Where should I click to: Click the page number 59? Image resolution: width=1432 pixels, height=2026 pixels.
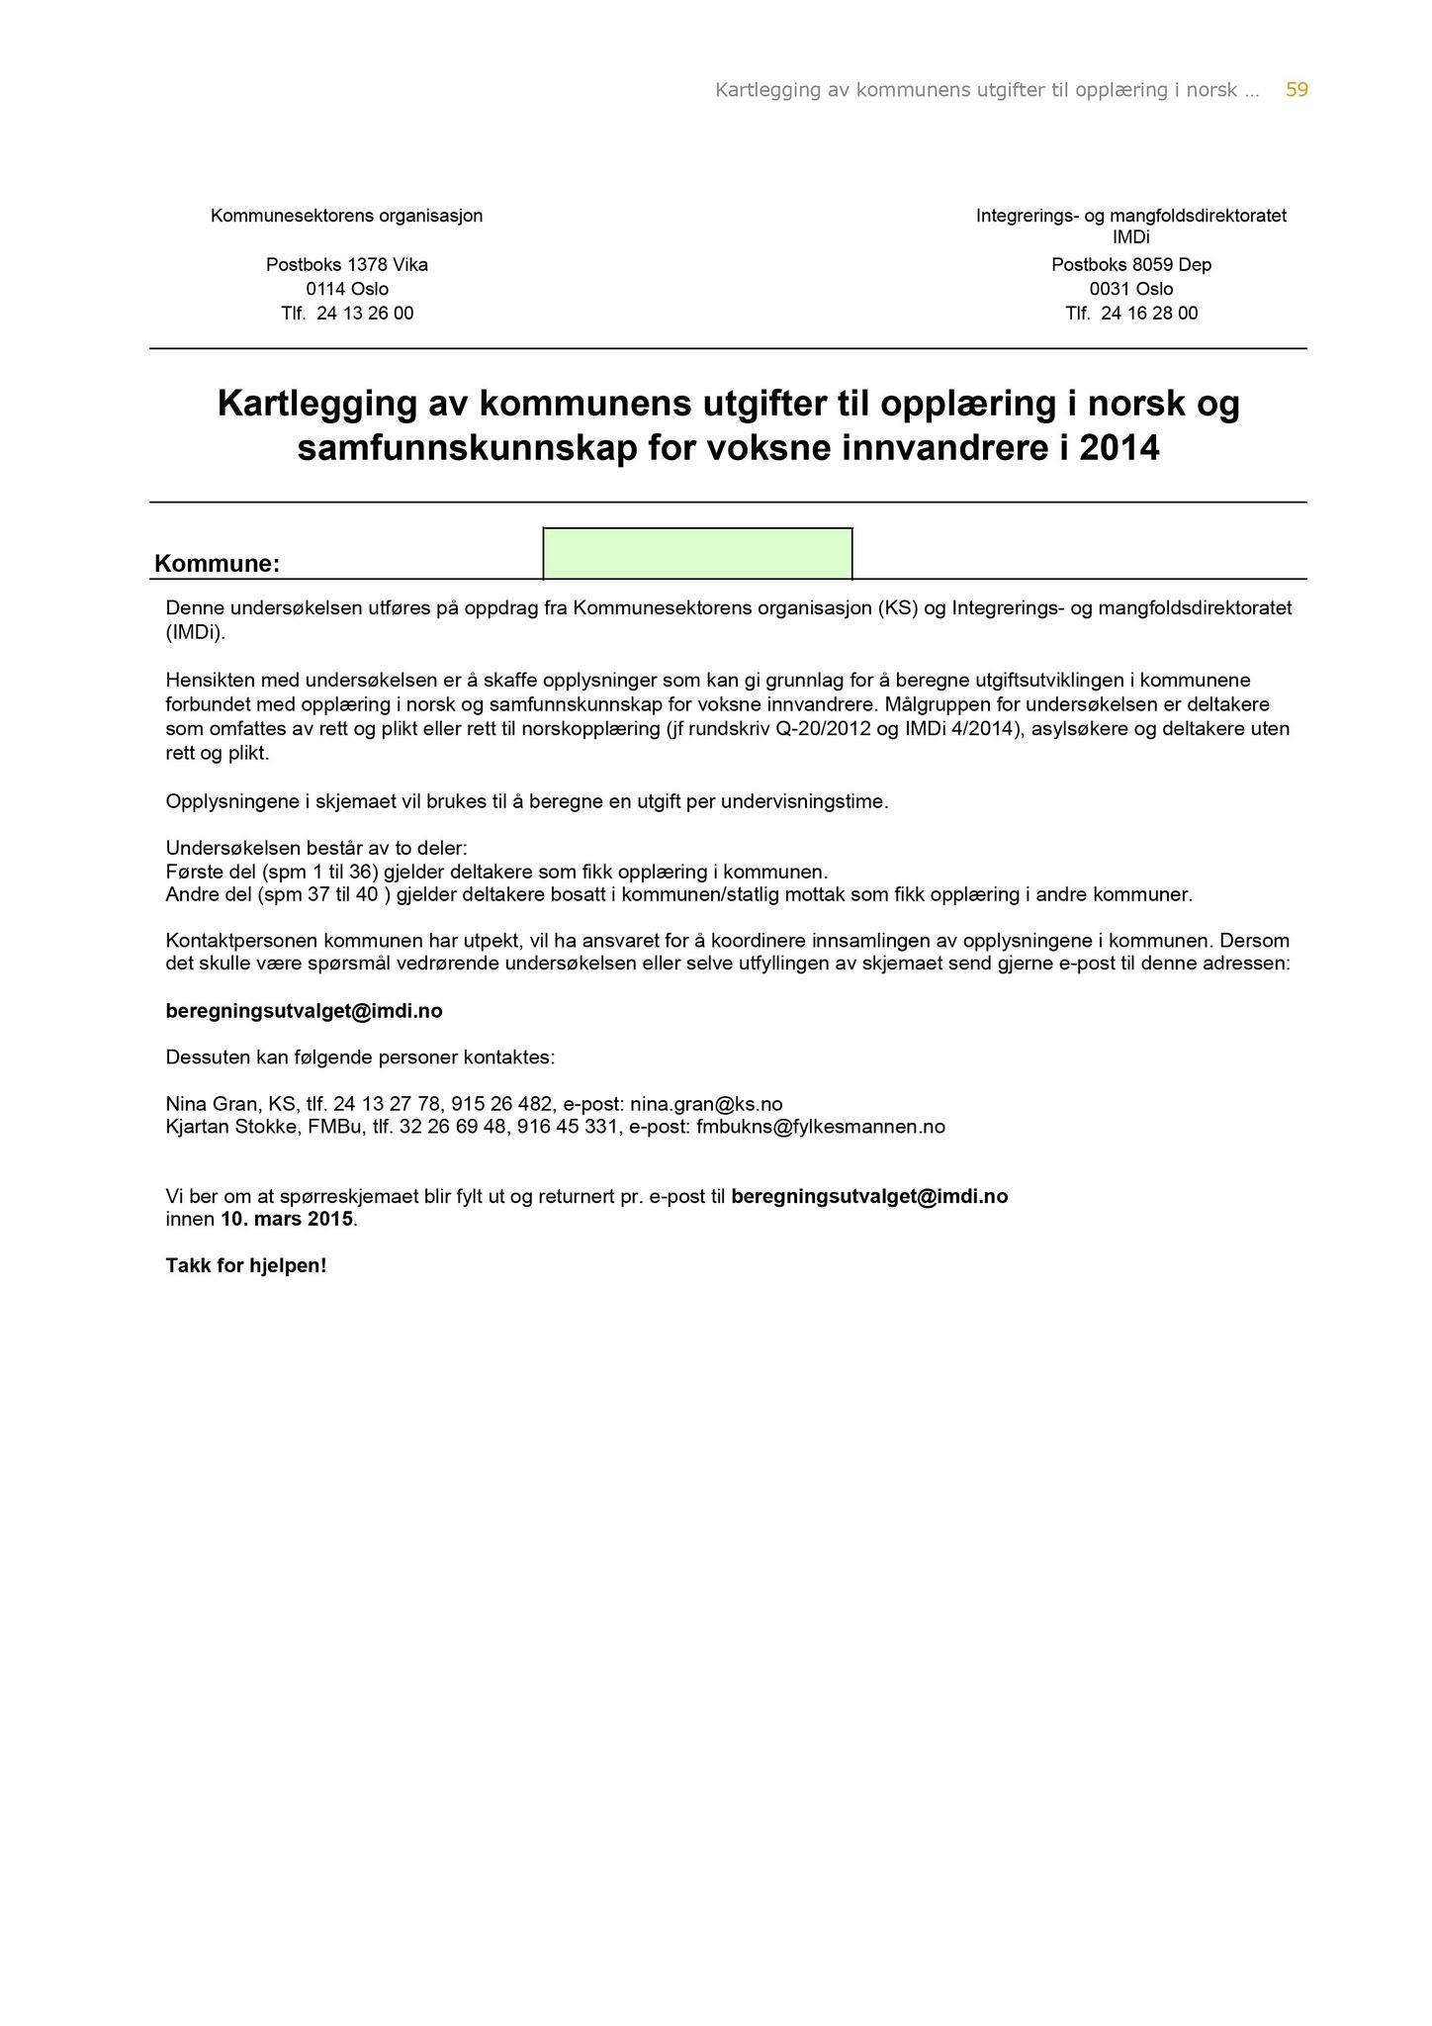click(1297, 90)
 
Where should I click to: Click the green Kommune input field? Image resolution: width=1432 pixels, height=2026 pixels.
click(697, 554)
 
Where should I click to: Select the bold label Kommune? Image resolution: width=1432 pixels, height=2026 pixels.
click(217, 564)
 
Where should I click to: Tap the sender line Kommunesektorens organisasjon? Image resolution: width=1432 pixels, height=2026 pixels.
click(346, 216)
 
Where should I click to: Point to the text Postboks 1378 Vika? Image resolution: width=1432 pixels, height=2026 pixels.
click(346, 265)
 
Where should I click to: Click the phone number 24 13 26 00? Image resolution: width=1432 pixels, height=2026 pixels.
click(365, 314)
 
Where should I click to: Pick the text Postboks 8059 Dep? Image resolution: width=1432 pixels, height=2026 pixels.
click(1130, 265)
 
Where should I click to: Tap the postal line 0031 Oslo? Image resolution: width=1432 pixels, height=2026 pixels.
click(1130, 290)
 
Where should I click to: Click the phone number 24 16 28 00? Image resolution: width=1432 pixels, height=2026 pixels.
click(1148, 314)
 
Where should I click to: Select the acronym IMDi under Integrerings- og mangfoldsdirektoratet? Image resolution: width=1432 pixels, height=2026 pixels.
click(1130, 238)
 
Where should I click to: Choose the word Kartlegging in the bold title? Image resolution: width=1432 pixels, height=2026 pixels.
click(316, 404)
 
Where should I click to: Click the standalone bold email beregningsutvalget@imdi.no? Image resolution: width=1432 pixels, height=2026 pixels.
click(304, 1011)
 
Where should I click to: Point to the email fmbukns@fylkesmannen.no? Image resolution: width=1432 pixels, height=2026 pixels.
click(820, 1127)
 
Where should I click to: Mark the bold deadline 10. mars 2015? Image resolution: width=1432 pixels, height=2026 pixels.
click(286, 1219)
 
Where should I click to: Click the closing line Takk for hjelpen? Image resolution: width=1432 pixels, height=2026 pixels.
click(245, 1265)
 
